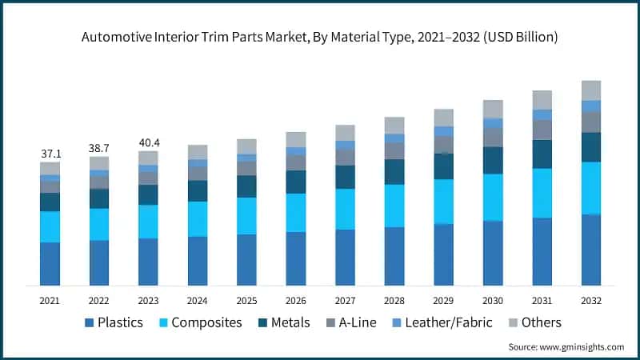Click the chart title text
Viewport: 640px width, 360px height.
pos(320,37)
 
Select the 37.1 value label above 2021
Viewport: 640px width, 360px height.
pos(50,153)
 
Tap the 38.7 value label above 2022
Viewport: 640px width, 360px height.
pos(99,148)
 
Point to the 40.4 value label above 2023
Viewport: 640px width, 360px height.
pos(148,142)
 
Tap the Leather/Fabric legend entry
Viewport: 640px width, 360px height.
pos(450,322)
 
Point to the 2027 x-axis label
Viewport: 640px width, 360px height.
pos(345,300)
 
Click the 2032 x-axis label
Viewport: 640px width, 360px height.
pos(590,300)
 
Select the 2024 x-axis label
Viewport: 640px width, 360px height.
pos(198,300)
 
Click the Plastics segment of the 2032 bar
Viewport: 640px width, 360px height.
pos(590,250)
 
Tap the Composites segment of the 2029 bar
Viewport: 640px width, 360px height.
pos(443,201)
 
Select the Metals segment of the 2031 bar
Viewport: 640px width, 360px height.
pos(542,154)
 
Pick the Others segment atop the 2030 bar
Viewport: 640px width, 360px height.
pos(493,109)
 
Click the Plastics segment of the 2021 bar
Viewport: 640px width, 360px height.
pos(50,263)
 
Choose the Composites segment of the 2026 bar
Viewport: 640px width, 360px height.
pos(296,212)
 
